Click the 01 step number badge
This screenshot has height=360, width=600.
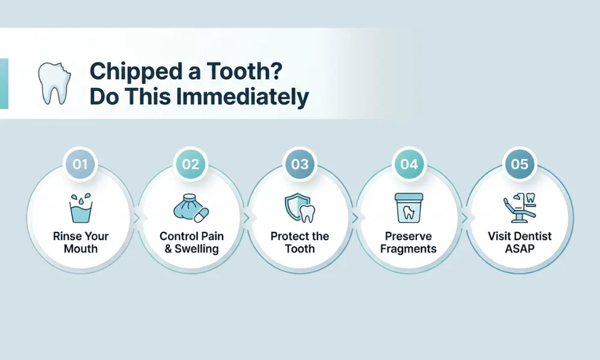tap(81, 164)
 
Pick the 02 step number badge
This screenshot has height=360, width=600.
tap(190, 164)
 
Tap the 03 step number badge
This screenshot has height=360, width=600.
tap(299, 164)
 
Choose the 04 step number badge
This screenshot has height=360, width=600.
tap(409, 164)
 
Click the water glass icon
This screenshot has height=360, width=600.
tap(81, 208)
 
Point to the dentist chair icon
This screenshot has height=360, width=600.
tap(518, 207)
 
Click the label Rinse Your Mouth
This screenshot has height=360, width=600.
tap(81, 242)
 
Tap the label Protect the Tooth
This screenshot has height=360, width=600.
tap(299, 242)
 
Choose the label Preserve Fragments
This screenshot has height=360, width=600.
tap(409, 242)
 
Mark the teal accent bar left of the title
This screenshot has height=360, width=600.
tap(4, 83)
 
